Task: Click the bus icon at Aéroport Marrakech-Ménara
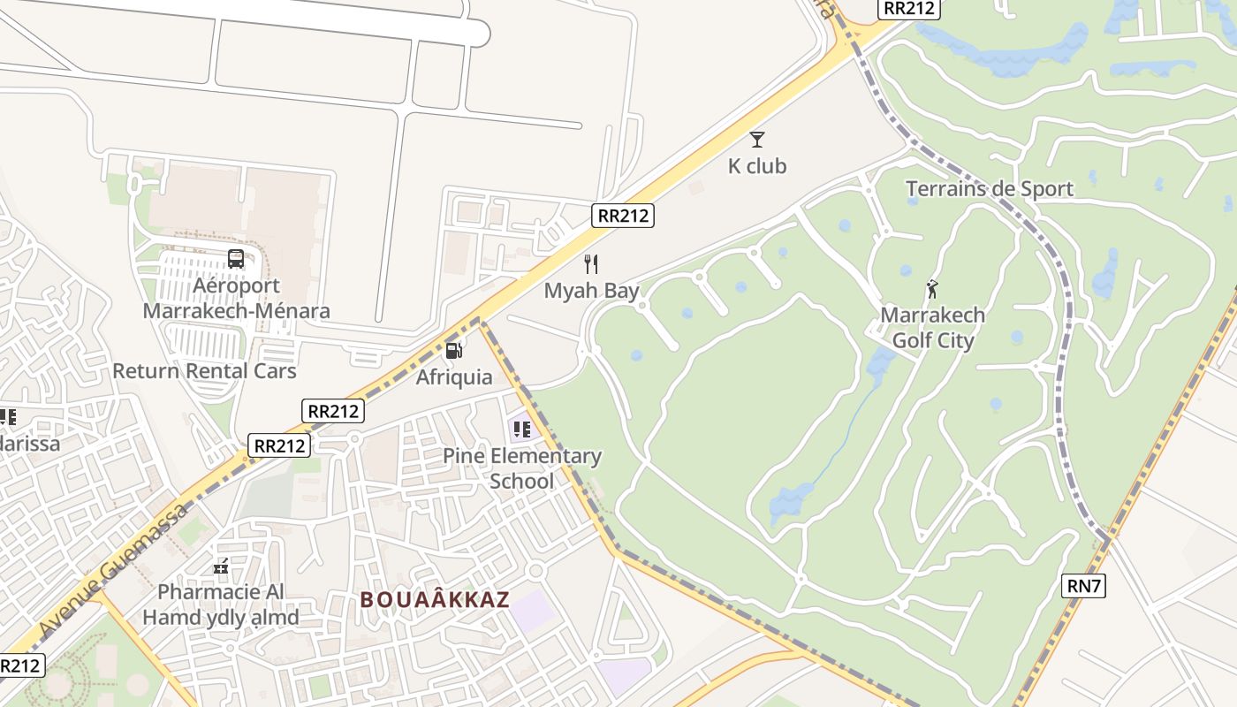click(236, 259)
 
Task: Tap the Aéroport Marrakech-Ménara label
click(236, 298)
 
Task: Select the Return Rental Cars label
click(204, 370)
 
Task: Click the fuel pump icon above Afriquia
click(454, 351)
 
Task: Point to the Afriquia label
click(454, 377)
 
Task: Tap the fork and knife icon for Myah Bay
click(591, 264)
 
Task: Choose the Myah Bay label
click(591, 291)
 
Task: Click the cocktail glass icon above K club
click(757, 140)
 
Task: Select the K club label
click(757, 166)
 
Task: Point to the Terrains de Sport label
click(990, 188)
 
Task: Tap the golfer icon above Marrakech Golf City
click(932, 288)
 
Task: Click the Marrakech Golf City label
click(932, 328)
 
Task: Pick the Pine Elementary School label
click(521, 468)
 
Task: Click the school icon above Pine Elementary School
click(521, 430)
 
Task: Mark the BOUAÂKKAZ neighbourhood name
click(435, 599)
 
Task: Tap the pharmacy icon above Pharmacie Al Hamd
click(221, 566)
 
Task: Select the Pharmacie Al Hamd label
click(221, 604)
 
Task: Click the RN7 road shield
click(1084, 585)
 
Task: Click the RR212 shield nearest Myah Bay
click(623, 215)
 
